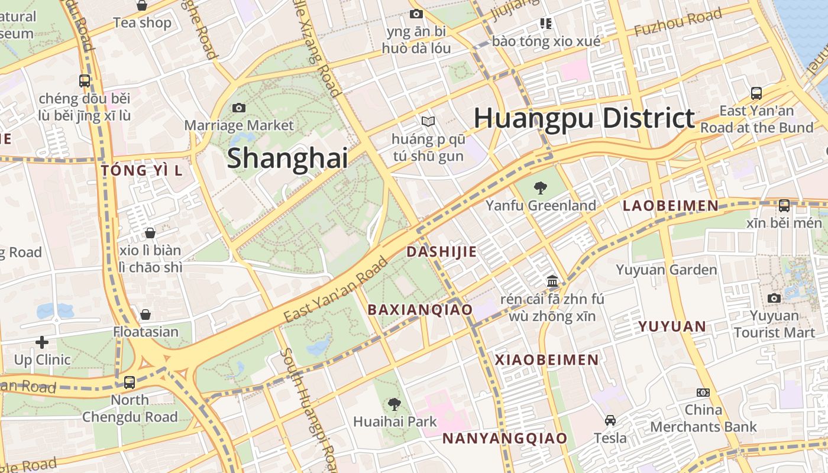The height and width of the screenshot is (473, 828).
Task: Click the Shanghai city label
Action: [287, 158]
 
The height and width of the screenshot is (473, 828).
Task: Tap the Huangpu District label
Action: [584, 118]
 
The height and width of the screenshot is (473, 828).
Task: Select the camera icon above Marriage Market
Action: [239, 108]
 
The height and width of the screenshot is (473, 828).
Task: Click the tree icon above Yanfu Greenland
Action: [540, 188]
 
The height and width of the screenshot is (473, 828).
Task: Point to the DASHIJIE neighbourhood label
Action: [441, 252]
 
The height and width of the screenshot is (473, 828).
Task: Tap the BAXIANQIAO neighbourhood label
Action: [420, 310]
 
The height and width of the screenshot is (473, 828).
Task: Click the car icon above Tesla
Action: [610, 420]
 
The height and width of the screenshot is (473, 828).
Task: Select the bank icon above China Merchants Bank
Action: [703, 393]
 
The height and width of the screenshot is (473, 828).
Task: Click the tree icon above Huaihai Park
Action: [394, 404]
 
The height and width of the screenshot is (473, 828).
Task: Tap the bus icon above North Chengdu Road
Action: [130, 383]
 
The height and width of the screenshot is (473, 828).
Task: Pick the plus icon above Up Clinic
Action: [42, 342]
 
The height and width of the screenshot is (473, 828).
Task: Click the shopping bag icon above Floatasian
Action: [145, 315]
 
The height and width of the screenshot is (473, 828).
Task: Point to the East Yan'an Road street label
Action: [335, 290]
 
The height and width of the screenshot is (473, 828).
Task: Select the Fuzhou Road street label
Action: [678, 22]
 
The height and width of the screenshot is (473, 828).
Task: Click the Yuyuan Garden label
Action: [666, 270]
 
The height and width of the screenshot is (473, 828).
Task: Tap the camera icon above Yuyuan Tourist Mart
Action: [774, 298]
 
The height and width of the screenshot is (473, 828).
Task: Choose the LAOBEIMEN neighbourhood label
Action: [671, 206]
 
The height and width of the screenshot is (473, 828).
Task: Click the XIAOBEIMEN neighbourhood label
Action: [546, 359]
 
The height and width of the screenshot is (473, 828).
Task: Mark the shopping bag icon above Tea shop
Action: [142, 6]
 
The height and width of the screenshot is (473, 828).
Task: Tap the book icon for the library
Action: [428, 122]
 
